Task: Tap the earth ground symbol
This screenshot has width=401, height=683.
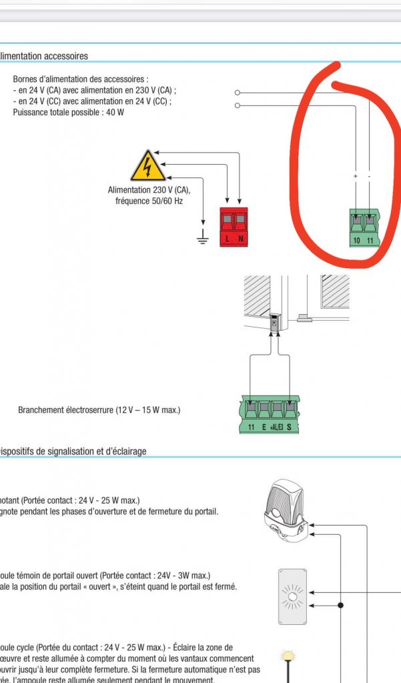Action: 204,238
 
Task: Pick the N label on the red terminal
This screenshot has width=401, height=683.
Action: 241,239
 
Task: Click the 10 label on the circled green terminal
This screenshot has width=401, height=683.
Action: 357,239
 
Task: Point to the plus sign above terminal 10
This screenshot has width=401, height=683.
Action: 356,176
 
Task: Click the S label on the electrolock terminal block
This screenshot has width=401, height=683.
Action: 290,426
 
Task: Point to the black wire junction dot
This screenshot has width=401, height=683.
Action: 342,606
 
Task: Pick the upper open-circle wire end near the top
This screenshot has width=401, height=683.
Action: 238,93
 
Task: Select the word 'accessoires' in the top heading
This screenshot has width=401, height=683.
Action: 64,56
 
